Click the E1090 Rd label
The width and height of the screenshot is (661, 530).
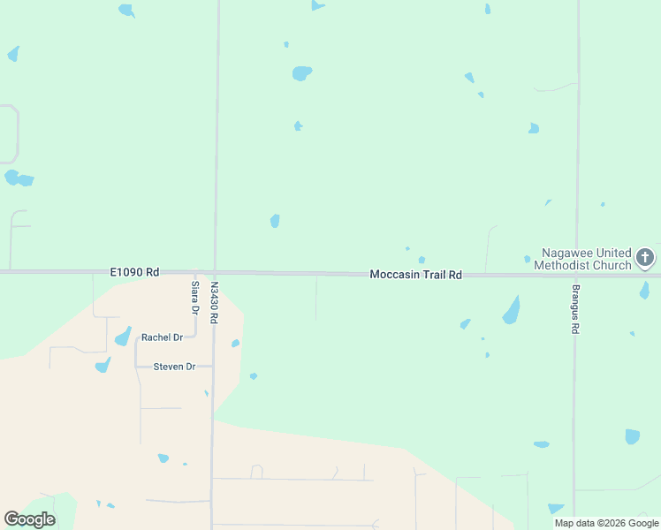[x=134, y=273]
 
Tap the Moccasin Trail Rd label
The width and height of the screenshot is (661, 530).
[x=415, y=275]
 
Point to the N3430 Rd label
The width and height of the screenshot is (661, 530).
[x=214, y=302]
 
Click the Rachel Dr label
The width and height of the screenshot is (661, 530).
[x=162, y=337]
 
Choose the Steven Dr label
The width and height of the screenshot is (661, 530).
[x=174, y=367]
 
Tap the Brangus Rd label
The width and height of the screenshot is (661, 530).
[x=574, y=310]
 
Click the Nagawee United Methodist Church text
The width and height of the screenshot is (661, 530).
[x=586, y=259]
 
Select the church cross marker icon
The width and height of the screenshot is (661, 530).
[x=645, y=258]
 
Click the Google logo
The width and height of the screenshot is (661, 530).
[x=29, y=519]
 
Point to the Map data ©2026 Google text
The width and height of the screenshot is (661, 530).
[x=606, y=523]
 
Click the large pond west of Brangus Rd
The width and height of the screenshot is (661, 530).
[x=511, y=310]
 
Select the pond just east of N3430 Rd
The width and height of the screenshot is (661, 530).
[x=235, y=344]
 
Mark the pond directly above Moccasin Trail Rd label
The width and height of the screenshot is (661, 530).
[x=422, y=260]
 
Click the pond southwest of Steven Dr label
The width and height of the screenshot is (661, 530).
[x=103, y=364]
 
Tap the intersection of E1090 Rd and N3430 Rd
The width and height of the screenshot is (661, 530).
[x=215, y=272]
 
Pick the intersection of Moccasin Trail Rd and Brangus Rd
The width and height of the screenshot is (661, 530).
[x=575, y=275]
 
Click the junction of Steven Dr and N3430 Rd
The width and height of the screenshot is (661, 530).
[x=213, y=366]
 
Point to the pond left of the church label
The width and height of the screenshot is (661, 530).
[x=527, y=259]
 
